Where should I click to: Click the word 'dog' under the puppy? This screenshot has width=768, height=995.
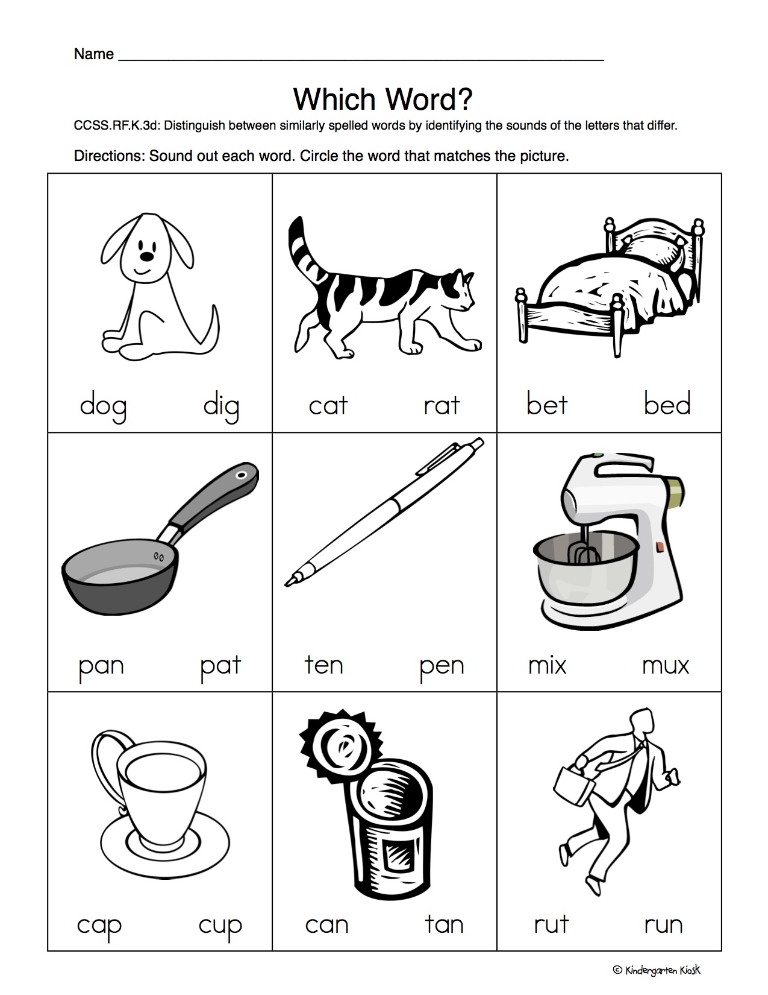tap(103, 406)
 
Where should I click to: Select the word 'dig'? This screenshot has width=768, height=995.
tap(221, 406)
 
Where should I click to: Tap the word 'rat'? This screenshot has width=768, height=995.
tap(441, 405)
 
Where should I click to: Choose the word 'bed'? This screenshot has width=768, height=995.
tap(667, 404)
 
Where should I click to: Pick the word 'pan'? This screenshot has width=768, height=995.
tap(101, 666)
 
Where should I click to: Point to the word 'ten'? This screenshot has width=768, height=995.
tap(323, 665)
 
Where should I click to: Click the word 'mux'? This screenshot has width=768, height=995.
tap(665, 666)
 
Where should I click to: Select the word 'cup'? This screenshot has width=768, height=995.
tap(220, 926)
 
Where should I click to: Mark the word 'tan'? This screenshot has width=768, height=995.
tap(443, 924)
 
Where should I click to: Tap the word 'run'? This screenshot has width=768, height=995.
tap(663, 925)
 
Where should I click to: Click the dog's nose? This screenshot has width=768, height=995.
tap(146, 256)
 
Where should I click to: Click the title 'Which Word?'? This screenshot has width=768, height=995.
tap(382, 99)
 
